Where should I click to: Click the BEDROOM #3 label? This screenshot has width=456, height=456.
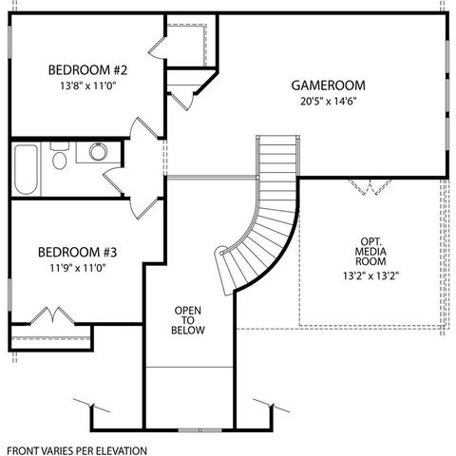pos(77,253)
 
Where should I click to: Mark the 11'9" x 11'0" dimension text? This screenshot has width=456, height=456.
pos(77,268)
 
